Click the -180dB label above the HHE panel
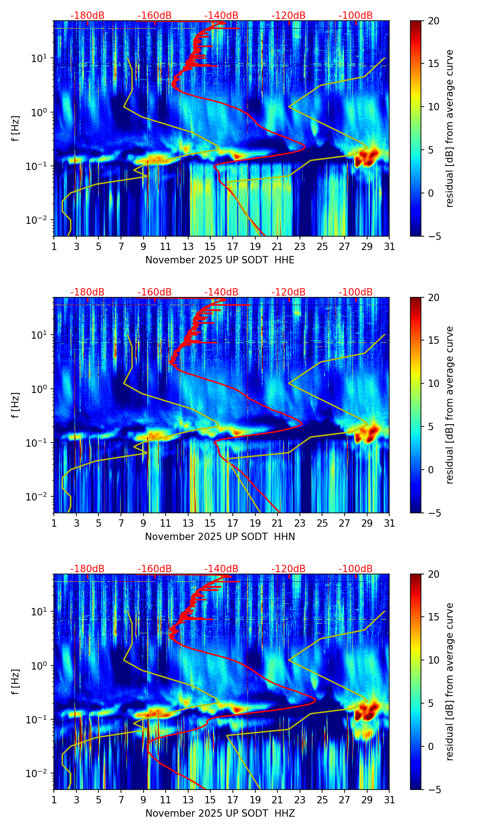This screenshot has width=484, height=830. click(87, 16)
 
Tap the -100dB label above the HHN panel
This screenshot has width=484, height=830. click(356, 292)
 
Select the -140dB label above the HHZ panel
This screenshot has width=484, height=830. click(221, 569)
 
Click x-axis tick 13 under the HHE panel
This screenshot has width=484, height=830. click(188, 246)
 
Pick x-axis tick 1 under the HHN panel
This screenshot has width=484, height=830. click(54, 523)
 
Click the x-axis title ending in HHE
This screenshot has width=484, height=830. click(220, 260)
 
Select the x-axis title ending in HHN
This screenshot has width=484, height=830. click(220, 537)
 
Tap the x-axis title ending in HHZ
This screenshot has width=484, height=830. click(220, 813)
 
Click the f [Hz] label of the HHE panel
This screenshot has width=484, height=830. click(16, 129)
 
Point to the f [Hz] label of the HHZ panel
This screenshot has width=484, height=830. click(16, 682)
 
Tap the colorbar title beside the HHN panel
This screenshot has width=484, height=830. click(449, 405)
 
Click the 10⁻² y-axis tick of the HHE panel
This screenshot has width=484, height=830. click(40, 220)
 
